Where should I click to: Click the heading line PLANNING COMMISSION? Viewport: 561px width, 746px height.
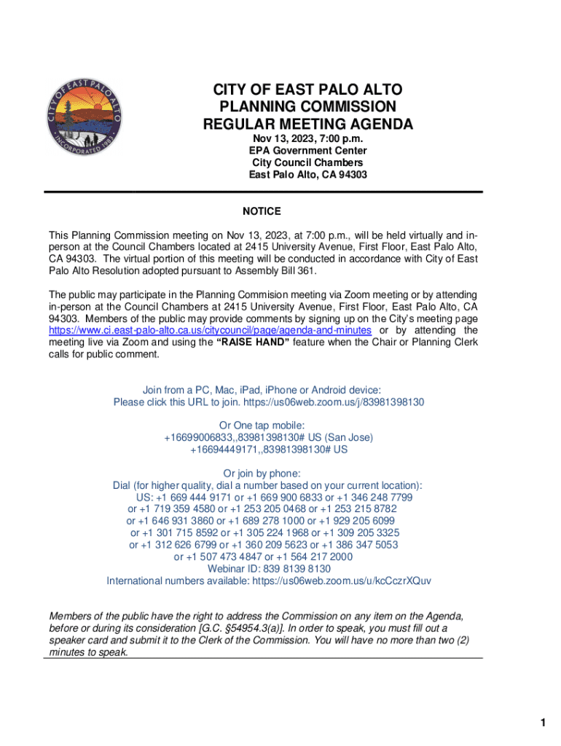point(307,107)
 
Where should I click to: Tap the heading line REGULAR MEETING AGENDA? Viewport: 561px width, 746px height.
point(307,125)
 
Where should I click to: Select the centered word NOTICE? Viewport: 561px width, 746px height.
point(262,211)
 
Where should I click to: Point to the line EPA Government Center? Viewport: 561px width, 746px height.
point(307,151)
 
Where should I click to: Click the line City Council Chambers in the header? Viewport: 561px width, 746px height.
point(307,162)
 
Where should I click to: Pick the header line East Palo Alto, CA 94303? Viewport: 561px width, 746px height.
point(307,175)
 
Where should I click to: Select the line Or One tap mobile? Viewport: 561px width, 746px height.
point(262,425)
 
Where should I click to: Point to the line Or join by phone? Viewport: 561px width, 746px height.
point(262,474)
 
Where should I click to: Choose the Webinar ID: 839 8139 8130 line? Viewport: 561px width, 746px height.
point(269,569)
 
